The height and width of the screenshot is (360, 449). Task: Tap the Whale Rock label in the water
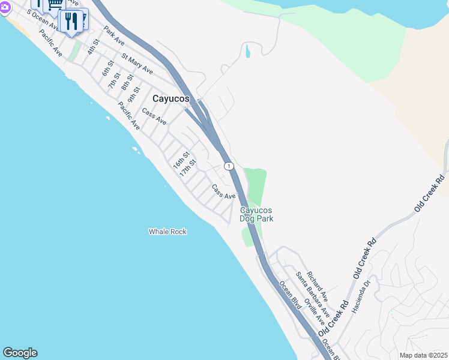point(168,232)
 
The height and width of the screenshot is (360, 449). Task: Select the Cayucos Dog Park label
point(257,214)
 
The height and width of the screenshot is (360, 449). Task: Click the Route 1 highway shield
point(228,166)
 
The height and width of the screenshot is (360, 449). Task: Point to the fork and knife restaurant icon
point(71,22)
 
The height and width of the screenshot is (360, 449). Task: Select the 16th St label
point(181,160)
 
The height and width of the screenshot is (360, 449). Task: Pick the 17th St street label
point(188,167)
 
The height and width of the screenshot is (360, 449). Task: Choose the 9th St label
point(133,93)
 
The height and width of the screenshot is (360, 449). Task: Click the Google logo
point(20,353)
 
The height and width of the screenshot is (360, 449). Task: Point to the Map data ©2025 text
point(423,355)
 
